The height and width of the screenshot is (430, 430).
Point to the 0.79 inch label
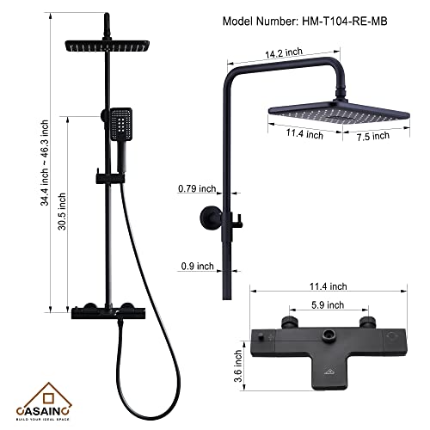(195, 188)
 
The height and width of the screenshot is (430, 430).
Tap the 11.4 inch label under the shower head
(303, 134)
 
